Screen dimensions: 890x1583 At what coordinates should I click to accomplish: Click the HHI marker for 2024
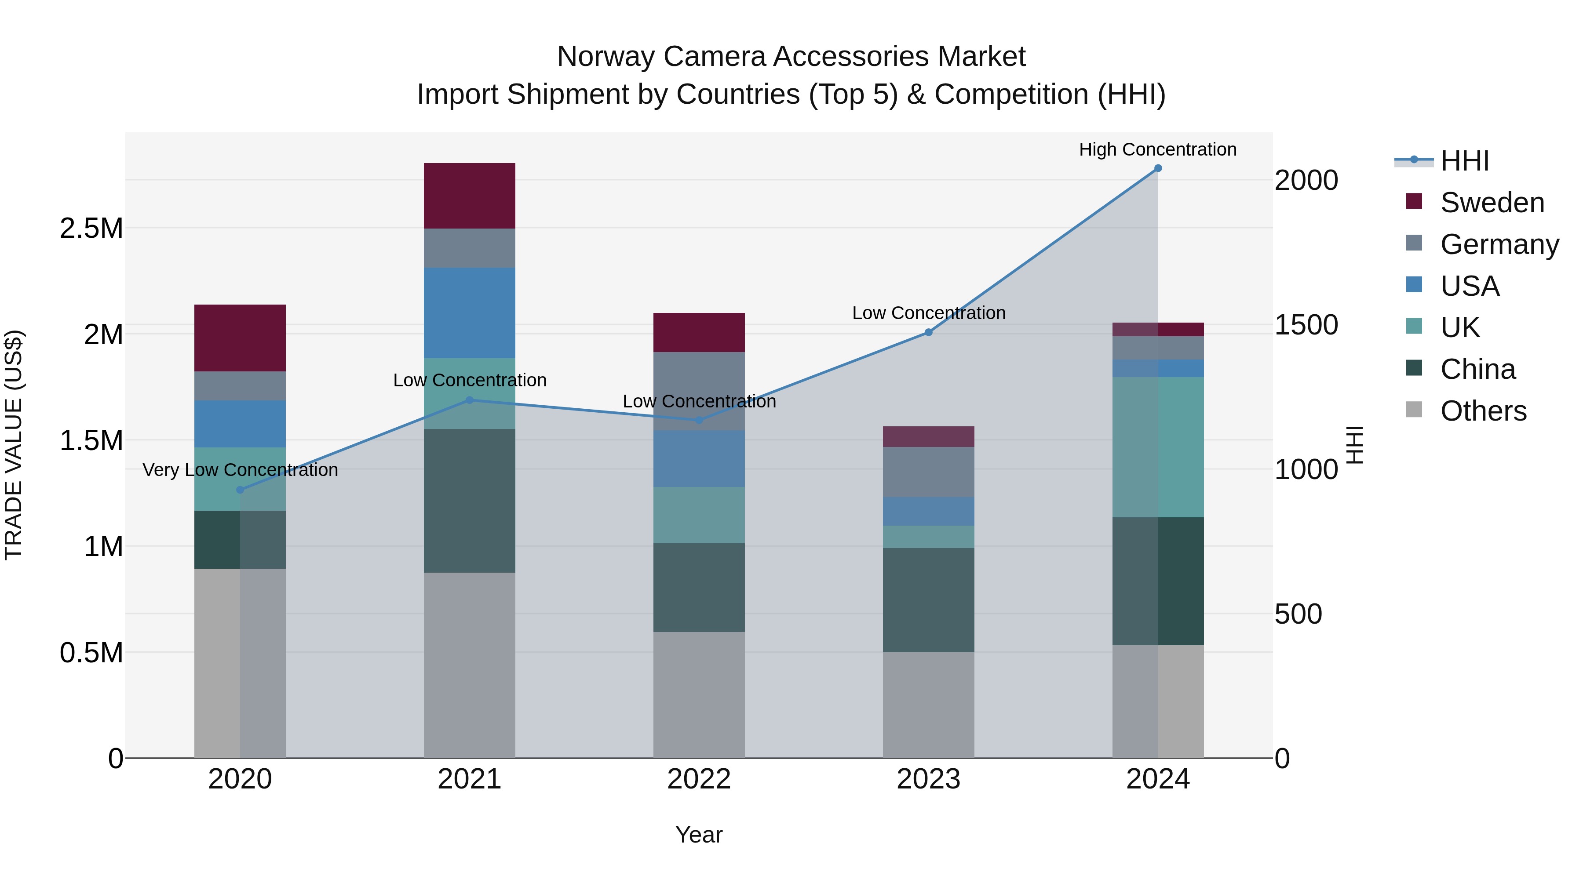click(x=1158, y=168)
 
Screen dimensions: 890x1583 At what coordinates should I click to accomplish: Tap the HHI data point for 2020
click(x=240, y=490)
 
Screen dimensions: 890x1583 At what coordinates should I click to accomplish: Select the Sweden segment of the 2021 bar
click(x=470, y=196)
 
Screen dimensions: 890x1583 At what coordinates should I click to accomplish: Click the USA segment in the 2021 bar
click(x=470, y=312)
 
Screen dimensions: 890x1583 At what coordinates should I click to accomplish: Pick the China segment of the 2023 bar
click(x=929, y=599)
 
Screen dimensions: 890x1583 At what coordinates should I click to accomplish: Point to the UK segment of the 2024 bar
click(x=1158, y=447)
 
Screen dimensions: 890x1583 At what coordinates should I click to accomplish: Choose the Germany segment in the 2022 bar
click(x=699, y=391)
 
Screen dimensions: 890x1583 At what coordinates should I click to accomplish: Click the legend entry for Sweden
click(x=1492, y=203)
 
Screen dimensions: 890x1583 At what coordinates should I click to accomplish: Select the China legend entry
click(x=1477, y=369)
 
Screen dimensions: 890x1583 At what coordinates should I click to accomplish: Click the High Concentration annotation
click(x=1158, y=149)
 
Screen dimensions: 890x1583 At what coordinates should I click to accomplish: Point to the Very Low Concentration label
click(x=240, y=470)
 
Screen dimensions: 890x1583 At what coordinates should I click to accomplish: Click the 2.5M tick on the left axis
click(x=91, y=229)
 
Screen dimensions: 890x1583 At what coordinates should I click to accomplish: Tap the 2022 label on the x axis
click(x=699, y=779)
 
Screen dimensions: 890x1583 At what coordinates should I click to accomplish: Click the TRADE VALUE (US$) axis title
click(x=14, y=445)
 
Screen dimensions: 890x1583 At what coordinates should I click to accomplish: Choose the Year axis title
click(x=699, y=835)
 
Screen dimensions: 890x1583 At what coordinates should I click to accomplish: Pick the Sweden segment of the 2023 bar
click(x=929, y=437)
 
